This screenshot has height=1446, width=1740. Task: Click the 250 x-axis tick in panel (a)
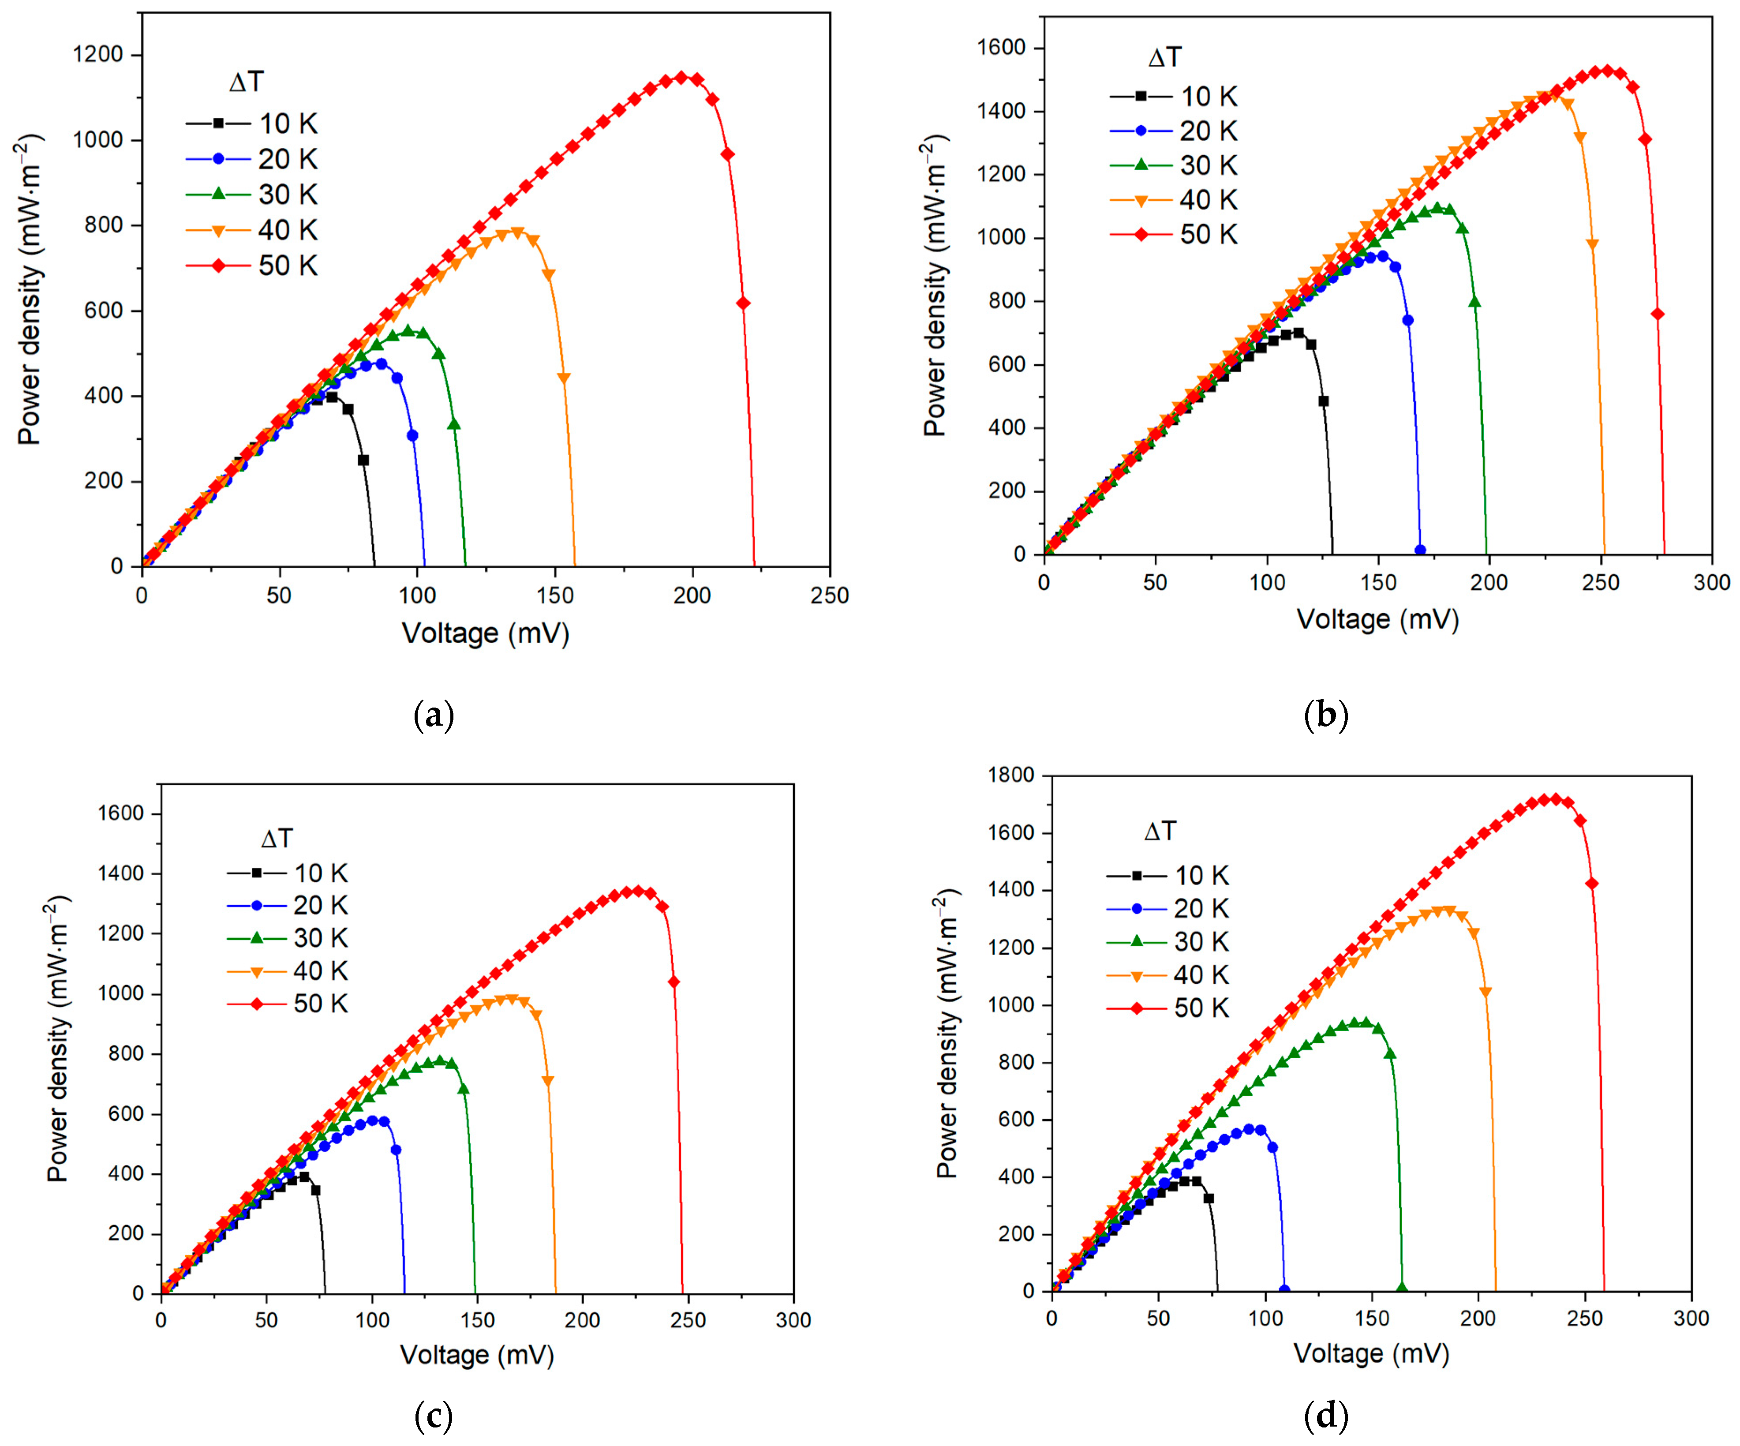(x=829, y=596)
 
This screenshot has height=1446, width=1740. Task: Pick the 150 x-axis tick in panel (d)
(x=1371, y=1318)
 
